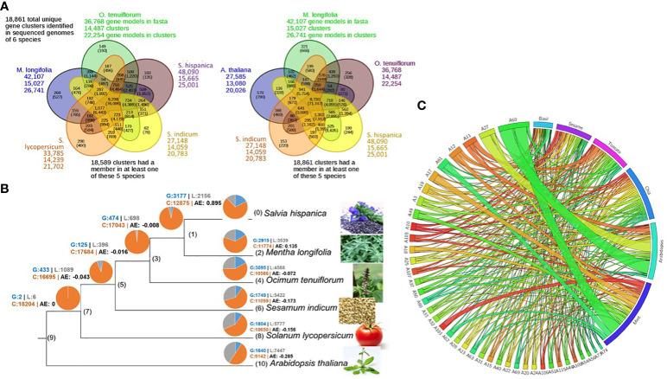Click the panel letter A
click(x=6, y=7)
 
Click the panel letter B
click(x=6, y=186)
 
